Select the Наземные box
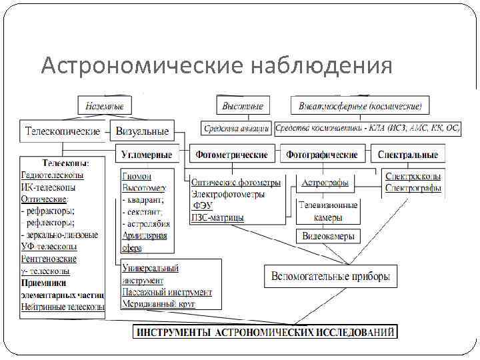coord(105,105)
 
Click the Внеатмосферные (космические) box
coord(361,105)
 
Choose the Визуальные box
coord(142,131)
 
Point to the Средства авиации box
coord(237,128)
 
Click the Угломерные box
coord(147,155)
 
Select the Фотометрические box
coord(231,155)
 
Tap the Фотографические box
coord(321,155)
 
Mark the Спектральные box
coord(407,155)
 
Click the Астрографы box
coord(325,183)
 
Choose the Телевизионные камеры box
coord(329,211)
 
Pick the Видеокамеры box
coord(329,236)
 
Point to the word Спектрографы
coord(413,189)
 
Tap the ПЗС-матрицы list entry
coord(217,217)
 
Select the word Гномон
coord(137,177)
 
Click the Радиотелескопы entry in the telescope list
coord(53,175)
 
